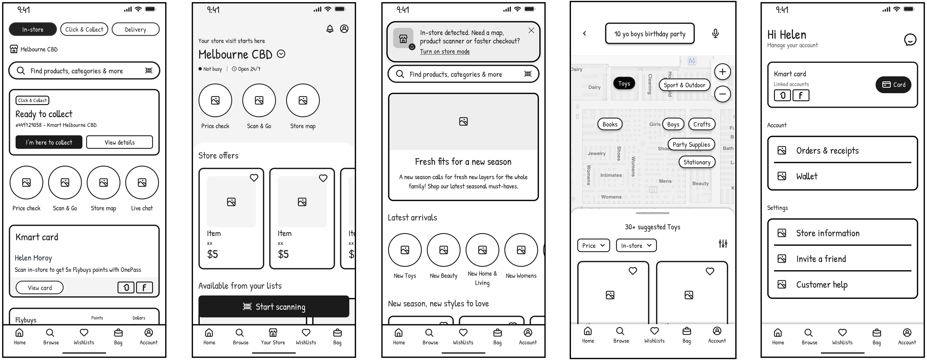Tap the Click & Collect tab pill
point(84,29)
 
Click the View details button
point(119,142)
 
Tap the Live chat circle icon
point(142,183)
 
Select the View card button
point(40,288)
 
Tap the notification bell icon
point(330,29)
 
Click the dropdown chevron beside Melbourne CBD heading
point(281,54)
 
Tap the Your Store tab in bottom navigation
point(273,336)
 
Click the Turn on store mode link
point(444,51)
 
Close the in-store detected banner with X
point(531,31)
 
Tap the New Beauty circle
point(443,250)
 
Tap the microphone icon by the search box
point(715,34)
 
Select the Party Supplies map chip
point(691,144)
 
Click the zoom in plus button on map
point(722,72)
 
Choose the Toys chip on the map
point(624,84)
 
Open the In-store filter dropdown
point(636,246)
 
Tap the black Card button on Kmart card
point(893,85)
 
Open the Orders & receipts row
point(842,150)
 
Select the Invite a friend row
point(842,259)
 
